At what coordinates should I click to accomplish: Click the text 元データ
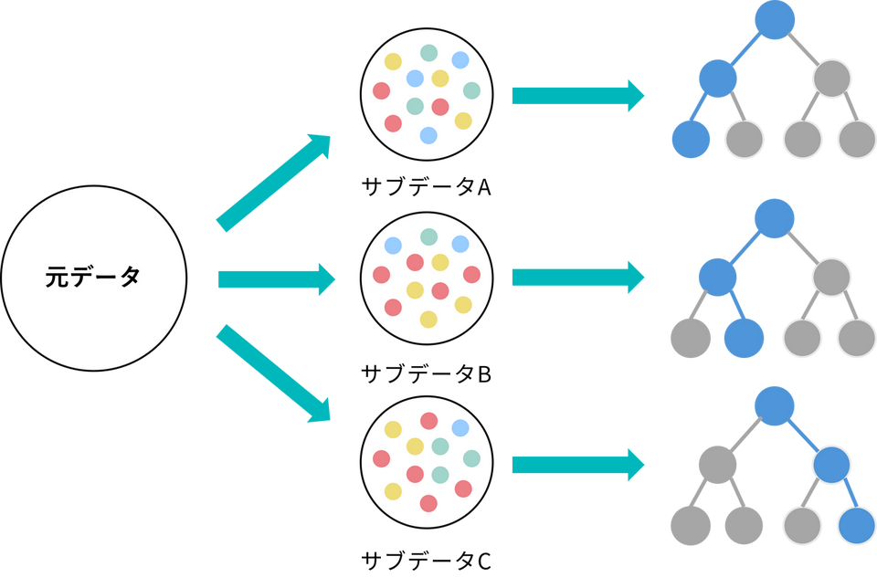(93, 278)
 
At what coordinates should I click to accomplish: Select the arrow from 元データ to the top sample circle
(273, 180)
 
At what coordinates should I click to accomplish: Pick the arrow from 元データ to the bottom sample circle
(273, 373)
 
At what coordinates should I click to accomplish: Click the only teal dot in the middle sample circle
(428, 236)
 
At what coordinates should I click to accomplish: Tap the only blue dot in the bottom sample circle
(460, 427)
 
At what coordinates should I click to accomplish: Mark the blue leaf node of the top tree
(691, 139)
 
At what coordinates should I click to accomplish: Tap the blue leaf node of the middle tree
(744, 338)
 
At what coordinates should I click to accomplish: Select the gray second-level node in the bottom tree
(717, 465)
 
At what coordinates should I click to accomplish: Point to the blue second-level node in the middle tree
(717, 272)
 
